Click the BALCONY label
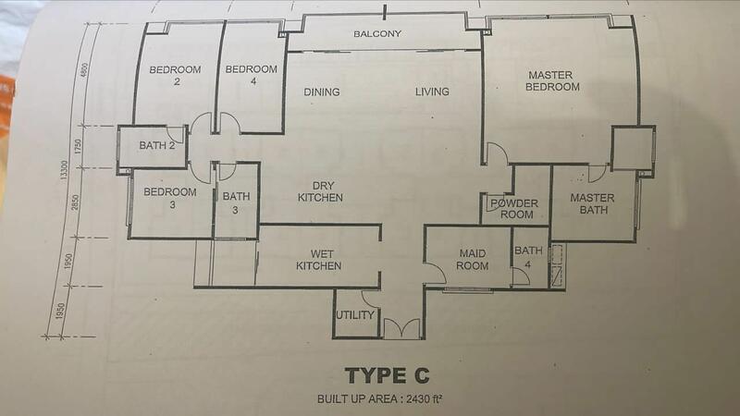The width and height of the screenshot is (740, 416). click(x=377, y=34)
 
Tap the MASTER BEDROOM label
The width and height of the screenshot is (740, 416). click(x=551, y=81)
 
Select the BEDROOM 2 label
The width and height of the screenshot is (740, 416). click(x=175, y=76)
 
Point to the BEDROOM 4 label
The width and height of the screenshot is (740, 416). click(x=251, y=75)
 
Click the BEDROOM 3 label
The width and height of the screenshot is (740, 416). click(x=170, y=198)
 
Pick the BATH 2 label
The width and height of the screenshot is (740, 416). click(x=156, y=146)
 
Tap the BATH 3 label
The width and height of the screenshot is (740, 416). click(x=236, y=202)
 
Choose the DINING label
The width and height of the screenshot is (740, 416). click(x=321, y=92)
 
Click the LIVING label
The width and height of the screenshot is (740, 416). click(x=432, y=92)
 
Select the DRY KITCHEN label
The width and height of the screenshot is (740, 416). click(x=321, y=192)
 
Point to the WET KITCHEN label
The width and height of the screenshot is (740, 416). click(x=319, y=260)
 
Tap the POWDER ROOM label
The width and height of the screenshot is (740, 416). click(x=515, y=209)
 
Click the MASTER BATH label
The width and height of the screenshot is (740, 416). click(x=592, y=203)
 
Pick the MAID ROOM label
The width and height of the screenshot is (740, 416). click(x=473, y=260)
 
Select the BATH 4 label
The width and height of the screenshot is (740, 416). click(x=528, y=257)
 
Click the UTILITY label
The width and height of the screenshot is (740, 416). click(x=355, y=315)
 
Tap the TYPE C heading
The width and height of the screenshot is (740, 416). click(x=387, y=376)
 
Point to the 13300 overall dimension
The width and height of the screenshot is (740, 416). click(x=64, y=170)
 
